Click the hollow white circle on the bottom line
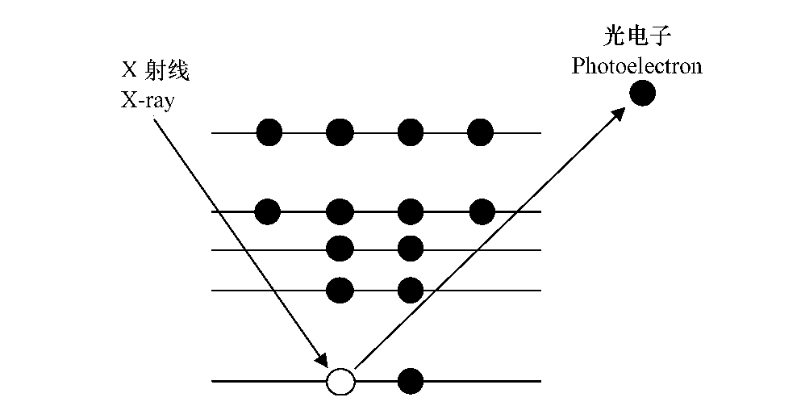[340, 381]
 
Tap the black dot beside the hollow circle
[411, 380]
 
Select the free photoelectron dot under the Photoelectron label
[642, 93]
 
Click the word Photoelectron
[636, 65]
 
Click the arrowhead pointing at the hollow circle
[323, 361]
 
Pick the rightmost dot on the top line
[480, 132]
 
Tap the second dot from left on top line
[340, 132]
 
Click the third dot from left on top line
[411, 132]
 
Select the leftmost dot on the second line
[268, 211]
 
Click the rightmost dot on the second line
[481, 211]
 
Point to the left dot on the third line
[340, 249]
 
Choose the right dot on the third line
[411, 249]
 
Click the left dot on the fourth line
[340, 288]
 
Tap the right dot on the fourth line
[411, 288]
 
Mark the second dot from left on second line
[340, 211]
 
